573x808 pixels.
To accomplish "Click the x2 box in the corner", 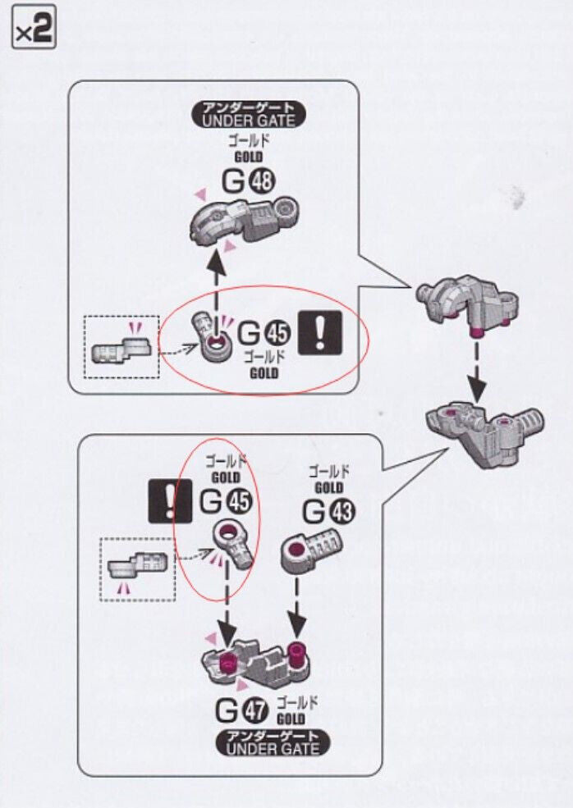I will point(34,32).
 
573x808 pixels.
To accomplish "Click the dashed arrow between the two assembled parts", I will point(474,366).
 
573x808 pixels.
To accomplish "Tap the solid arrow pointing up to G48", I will point(215,280).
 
